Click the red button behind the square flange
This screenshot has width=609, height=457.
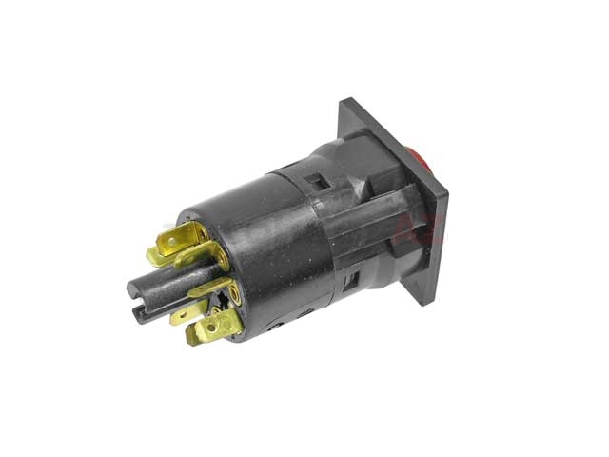423,158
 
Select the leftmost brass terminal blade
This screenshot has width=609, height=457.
159,255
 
